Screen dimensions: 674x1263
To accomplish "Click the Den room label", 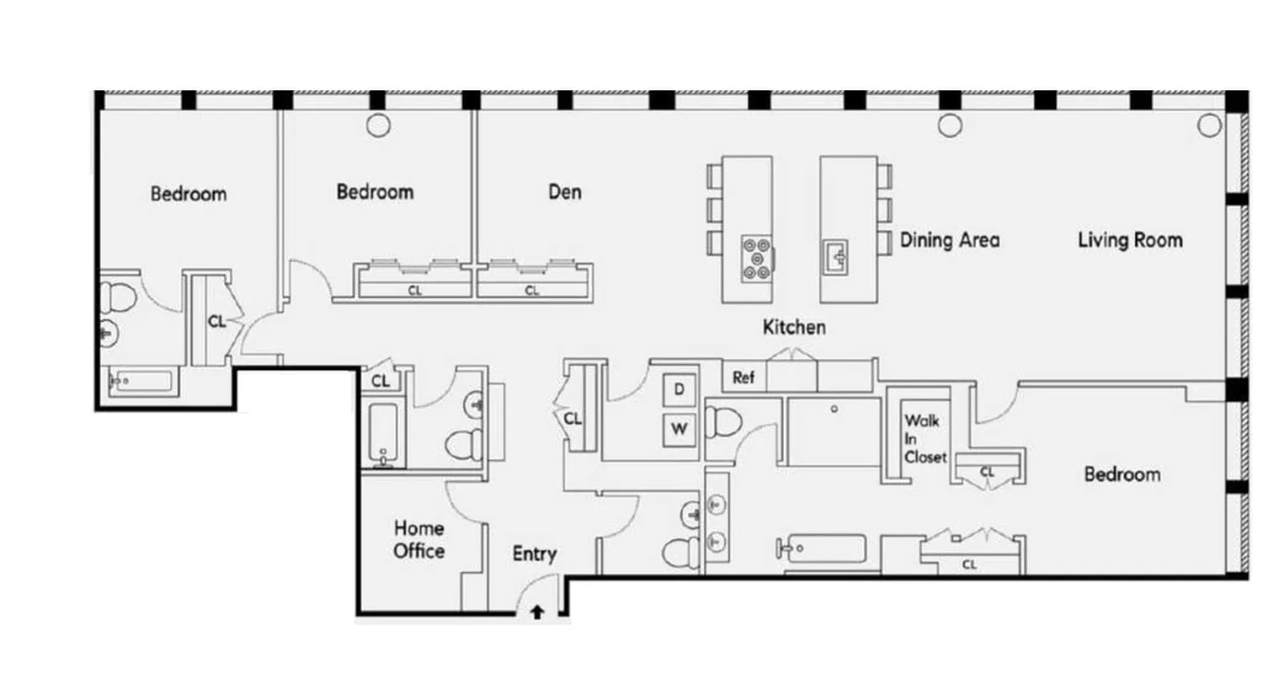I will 565,192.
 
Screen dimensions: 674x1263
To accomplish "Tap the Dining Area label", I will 950,240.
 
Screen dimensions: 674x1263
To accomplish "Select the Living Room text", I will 1130,240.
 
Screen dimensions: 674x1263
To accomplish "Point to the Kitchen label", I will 794,327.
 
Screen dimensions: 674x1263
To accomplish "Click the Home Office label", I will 419,540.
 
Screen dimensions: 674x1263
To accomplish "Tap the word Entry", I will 535,554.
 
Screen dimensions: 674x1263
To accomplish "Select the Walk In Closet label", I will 925,438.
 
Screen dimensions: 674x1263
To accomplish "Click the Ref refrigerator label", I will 743,378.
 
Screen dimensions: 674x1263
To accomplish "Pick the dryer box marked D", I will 679,389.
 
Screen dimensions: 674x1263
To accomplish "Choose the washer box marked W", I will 679,429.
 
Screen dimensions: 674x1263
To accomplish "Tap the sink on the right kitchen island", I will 835,255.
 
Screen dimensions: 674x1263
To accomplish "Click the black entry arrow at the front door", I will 536,613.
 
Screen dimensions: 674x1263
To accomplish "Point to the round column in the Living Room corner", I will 1209,126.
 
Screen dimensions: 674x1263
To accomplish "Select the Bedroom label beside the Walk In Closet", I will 1122,474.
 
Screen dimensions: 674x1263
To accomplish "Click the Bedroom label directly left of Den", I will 375,192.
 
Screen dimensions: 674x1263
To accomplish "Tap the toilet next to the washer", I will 722,419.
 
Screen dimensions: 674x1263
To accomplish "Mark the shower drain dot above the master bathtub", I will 834,409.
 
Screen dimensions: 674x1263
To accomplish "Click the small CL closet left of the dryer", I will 573,418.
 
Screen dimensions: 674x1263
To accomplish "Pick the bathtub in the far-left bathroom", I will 141,382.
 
